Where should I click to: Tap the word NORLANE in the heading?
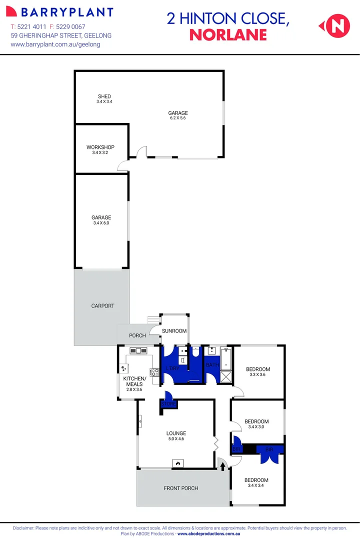click(228, 35)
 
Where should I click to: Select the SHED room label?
click(104, 96)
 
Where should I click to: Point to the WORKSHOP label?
click(100, 147)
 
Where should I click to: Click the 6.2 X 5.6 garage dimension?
click(178, 118)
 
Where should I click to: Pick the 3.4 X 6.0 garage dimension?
click(101, 223)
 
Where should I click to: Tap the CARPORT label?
click(102, 306)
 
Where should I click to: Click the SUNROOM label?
click(174, 331)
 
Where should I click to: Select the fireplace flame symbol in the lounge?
click(177, 463)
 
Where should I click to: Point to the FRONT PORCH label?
click(181, 488)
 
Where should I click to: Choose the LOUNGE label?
click(176, 433)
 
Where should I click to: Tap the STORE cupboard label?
click(168, 403)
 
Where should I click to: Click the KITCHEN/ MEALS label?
click(133, 381)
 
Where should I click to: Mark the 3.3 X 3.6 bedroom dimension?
click(258, 374)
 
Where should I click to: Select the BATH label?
click(212, 365)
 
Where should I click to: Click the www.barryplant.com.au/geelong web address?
click(55, 44)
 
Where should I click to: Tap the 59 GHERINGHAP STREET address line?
click(61, 35)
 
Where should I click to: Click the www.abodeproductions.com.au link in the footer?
click(209, 534)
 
